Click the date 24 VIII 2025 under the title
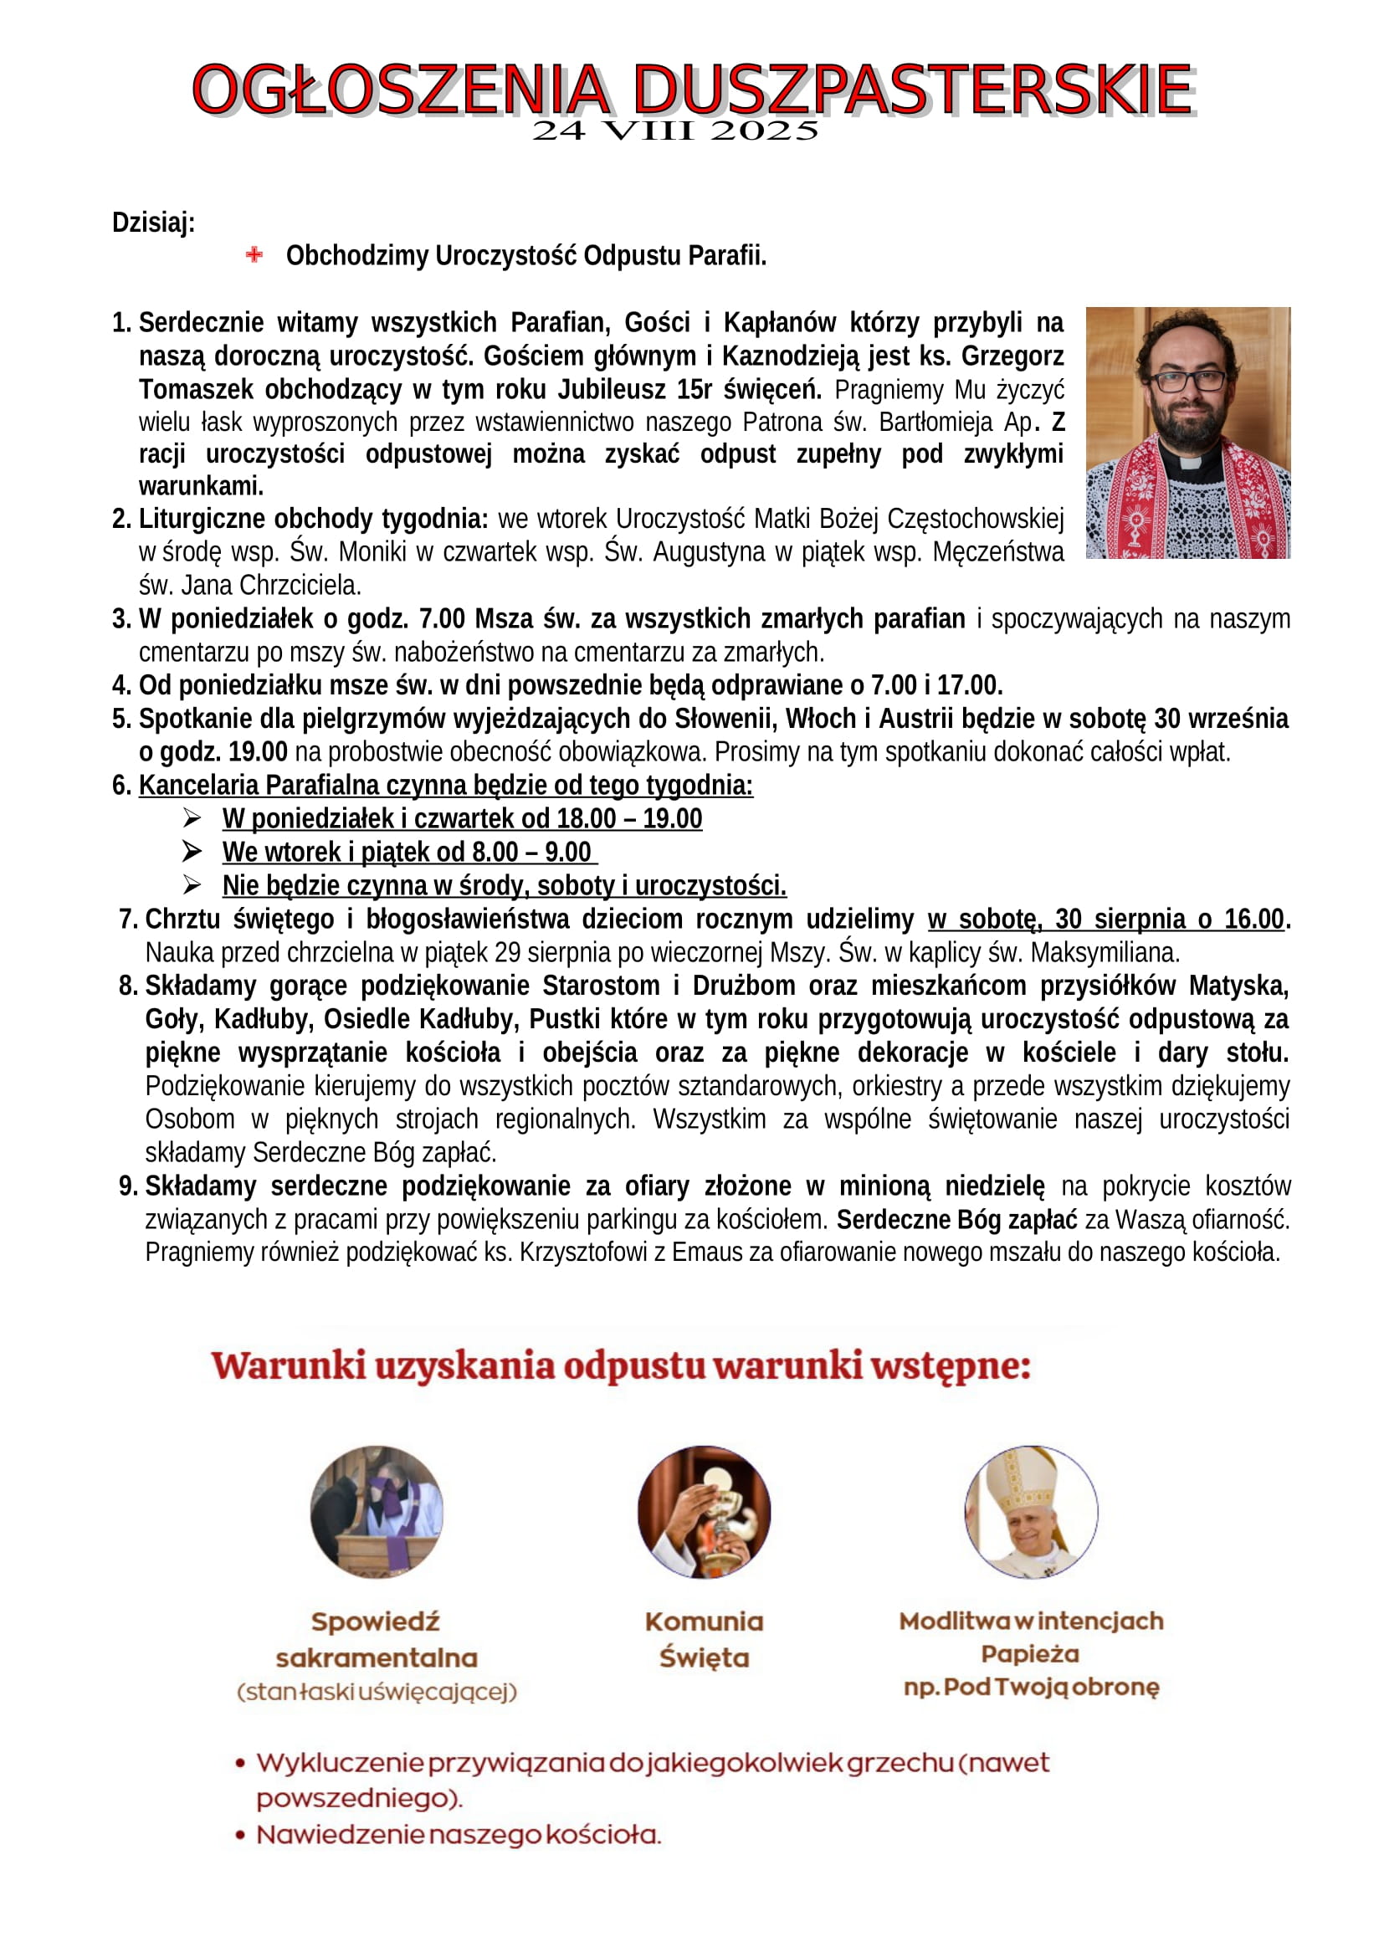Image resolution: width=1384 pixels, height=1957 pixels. click(675, 131)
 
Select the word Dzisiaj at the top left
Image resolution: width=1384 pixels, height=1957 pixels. click(153, 223)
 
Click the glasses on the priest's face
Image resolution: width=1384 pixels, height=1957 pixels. click(1189, 380)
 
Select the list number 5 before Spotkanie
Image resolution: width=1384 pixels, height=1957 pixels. click(121, 719)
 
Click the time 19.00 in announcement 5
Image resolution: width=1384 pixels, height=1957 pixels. click(258, 752)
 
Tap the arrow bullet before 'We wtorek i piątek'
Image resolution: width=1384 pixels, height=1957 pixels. click(192, 852)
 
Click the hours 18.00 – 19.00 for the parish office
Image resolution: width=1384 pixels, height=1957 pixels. click(629, 818)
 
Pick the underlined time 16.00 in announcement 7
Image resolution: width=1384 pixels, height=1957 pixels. click(1253, 919)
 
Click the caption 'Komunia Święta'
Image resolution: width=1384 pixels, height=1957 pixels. click(704, 1639)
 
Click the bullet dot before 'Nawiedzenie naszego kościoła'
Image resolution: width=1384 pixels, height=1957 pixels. click(241, 1835)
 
